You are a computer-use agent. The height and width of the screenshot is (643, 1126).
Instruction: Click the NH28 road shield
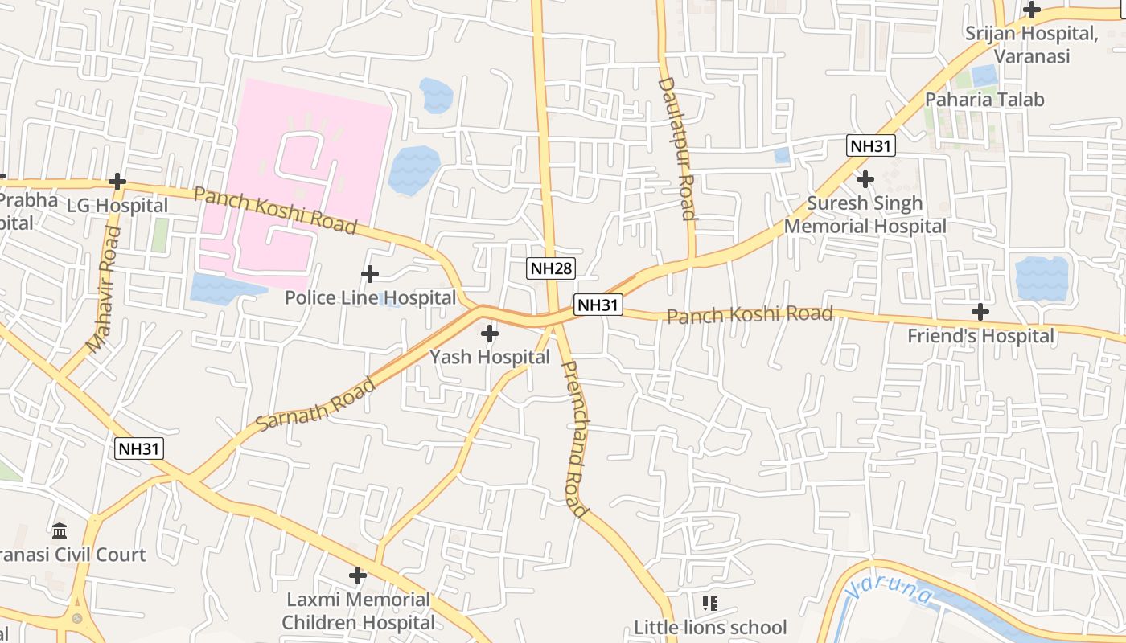(x=552, y=268)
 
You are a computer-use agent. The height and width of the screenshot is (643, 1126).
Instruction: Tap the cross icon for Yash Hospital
(x=489, y=333)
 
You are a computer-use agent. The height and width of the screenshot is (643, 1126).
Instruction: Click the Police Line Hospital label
(x=370, y=298)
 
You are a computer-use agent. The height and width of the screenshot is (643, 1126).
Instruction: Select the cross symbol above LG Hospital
(x=117, y=182)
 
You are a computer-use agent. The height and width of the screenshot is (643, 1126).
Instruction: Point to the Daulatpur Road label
(x=677, y=149)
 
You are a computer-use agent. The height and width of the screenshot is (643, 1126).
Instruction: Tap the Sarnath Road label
(x=316, y=403)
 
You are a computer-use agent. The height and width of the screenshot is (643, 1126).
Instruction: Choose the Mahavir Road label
(x=104, y=289)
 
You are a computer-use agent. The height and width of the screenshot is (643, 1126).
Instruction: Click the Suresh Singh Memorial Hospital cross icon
(x=865, y=178)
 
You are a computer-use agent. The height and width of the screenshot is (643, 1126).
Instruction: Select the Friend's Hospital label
(x=980, y=336)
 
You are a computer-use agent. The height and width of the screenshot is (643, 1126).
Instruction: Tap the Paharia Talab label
(x=984, y=100)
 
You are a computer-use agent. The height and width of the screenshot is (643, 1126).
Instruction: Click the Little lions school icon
(x=709, y=603)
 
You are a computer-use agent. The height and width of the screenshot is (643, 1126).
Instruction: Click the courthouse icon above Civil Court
(x=60, y=530)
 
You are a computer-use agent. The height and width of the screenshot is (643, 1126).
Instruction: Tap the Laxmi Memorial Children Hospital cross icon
(x=358, y=575)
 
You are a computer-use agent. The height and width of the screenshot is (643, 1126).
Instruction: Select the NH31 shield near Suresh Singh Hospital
(x=871, y=146)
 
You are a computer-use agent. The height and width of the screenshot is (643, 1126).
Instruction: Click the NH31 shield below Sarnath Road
(x=139, y=448)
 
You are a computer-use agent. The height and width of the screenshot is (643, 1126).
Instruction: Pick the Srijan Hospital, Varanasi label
(x=1031, y=45)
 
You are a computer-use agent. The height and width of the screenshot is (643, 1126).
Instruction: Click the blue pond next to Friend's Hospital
(x=1041, y=278)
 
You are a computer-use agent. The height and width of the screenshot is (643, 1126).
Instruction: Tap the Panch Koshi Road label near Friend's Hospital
(x=750, y=315)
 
